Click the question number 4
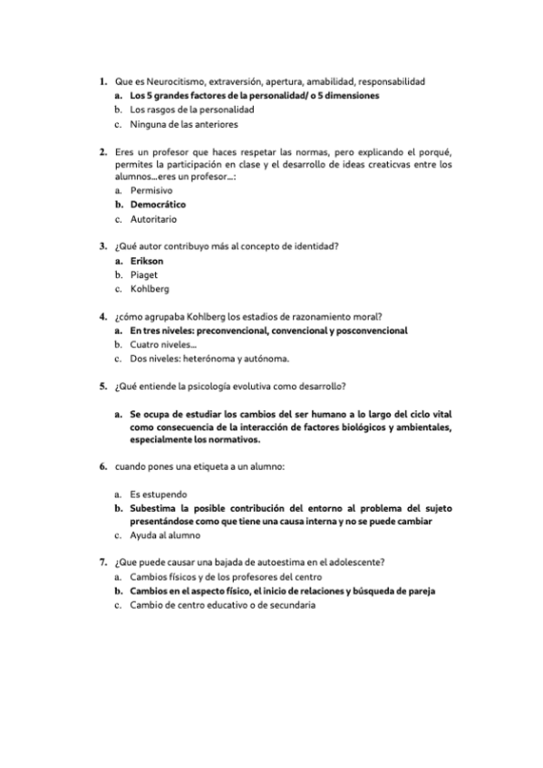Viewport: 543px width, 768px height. click(102, 316)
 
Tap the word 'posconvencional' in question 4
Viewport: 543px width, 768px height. click(368, 331)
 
